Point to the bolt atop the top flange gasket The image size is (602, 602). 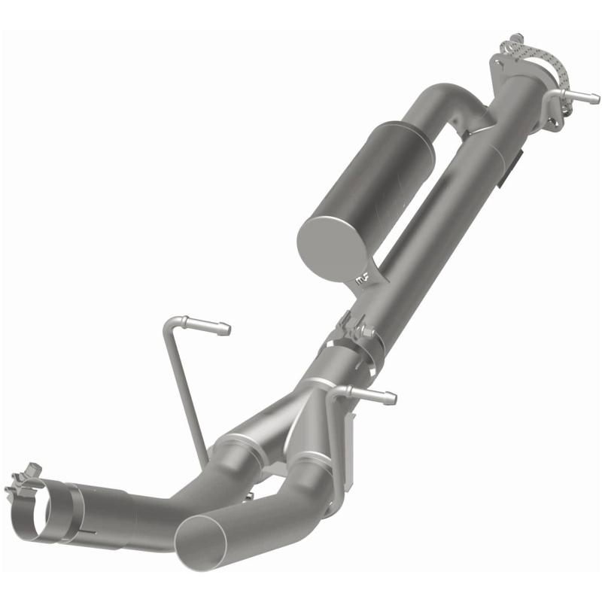pyautogui.click(x=515, y=40)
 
